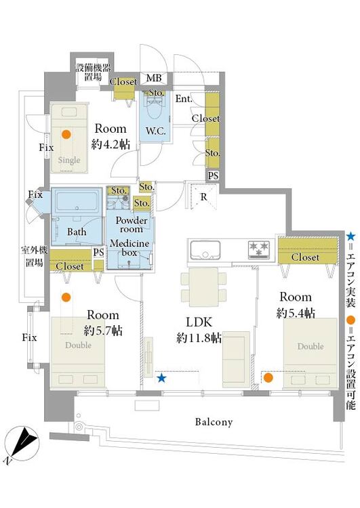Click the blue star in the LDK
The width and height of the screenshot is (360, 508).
(x=161, y=378)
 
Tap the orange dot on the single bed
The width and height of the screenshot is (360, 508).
(x=66, y=134)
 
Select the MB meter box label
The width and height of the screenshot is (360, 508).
(x=154, y=78)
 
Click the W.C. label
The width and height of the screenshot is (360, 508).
(x=156, y=131)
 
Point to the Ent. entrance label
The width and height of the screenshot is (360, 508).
(x=184, y=98)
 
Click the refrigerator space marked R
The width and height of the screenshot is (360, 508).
(x=203, y=197)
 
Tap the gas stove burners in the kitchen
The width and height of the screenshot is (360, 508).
(x=259, y=249)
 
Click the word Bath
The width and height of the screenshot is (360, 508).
(x=77, y=232)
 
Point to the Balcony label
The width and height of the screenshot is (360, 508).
(x=214, y=422)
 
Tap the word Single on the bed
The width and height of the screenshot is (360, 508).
(x=69, y=160)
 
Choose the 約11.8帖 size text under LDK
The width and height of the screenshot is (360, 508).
(x=199, y=338)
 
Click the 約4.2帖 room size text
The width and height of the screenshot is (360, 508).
(x=111, y=144)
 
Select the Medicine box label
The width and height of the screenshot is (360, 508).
(x=129, y=247)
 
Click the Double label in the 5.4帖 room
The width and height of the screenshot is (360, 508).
(x=311, y=346)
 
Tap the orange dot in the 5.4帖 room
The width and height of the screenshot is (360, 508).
(x=268, y=377)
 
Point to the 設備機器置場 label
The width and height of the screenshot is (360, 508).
(x=93, y=72)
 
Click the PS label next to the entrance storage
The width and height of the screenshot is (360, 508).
(x=213, y=175)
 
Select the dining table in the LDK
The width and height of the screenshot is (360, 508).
(x=203, y=287)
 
